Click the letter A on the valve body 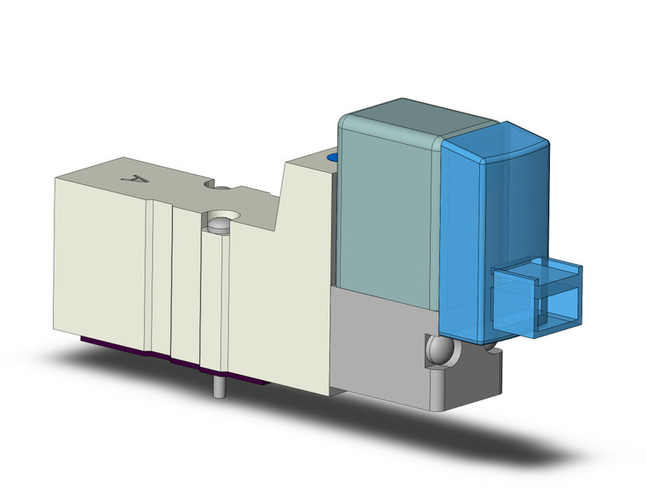point(131,177)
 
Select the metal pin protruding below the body point(220,387)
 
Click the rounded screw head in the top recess point(219,225)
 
